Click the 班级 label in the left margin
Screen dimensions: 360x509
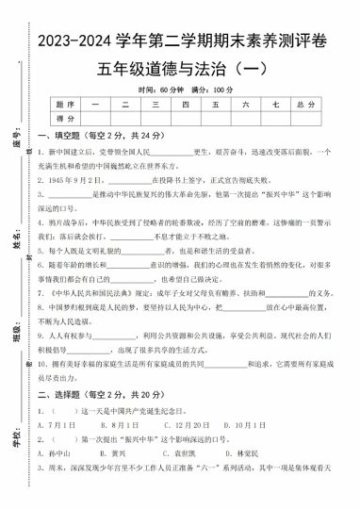click(x=18, y=336)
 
